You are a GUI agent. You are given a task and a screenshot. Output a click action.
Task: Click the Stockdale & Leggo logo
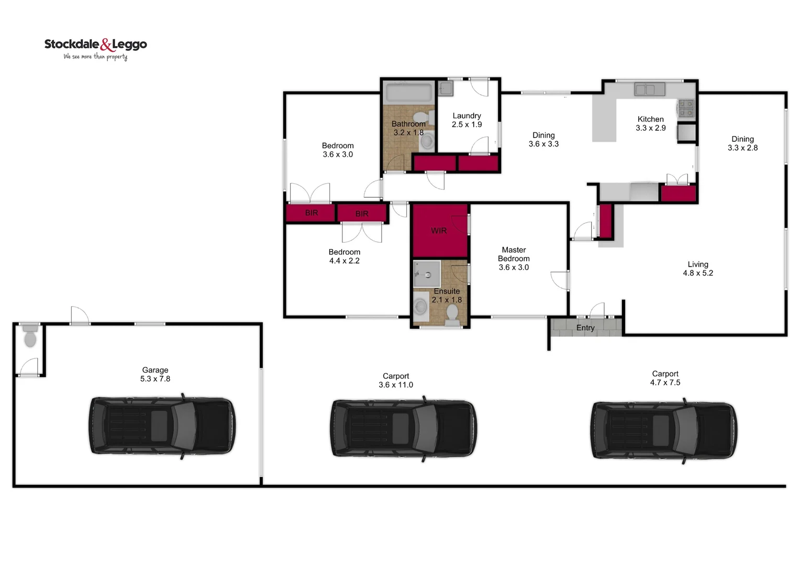[95, 49]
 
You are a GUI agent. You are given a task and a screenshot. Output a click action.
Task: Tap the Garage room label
[155, 370]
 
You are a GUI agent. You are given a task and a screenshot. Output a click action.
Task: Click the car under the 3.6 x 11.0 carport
[403, 429]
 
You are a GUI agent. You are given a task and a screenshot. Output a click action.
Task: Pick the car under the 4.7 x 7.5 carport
[664, 431]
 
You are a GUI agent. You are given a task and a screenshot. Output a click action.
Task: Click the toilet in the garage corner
[30, 336]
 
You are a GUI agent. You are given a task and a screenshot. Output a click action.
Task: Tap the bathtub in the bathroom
[409, 93]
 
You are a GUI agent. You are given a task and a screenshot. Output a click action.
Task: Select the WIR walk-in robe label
[439, 231]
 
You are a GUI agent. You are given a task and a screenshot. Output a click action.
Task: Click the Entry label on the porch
[585, 328]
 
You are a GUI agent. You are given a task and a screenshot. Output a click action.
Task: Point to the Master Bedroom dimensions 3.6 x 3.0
[514, 267]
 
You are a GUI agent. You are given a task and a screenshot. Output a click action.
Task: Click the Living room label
[697, 264]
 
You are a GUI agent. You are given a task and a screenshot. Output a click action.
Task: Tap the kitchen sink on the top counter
[649, 89]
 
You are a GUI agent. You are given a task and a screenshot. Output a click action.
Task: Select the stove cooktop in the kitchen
[686, 108]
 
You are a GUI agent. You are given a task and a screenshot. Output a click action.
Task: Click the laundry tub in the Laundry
[445, 88]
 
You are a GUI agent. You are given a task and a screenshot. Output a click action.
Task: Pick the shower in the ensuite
[427, 274]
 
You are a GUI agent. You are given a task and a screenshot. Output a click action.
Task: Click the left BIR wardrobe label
[312, 213]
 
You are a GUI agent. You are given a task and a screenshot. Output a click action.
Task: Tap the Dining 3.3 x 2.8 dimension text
[742, 148]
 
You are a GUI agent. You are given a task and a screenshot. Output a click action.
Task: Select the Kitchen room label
[650, 119]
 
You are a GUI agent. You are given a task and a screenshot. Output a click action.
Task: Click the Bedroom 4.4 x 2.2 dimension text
[344, 261]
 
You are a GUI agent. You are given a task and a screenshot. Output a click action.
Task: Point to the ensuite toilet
[452, 313]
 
